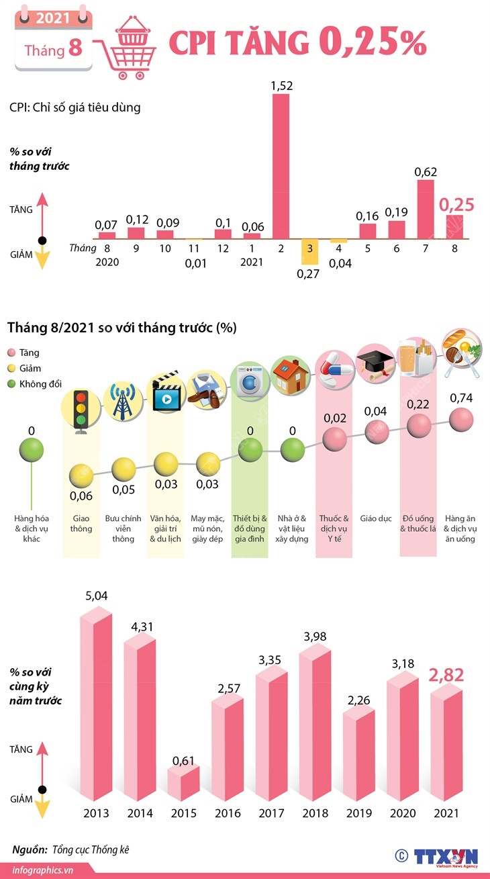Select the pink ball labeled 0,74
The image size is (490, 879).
click(461, 421)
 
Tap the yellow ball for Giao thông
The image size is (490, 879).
click(82, 476)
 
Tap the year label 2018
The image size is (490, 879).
click(315, 813)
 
